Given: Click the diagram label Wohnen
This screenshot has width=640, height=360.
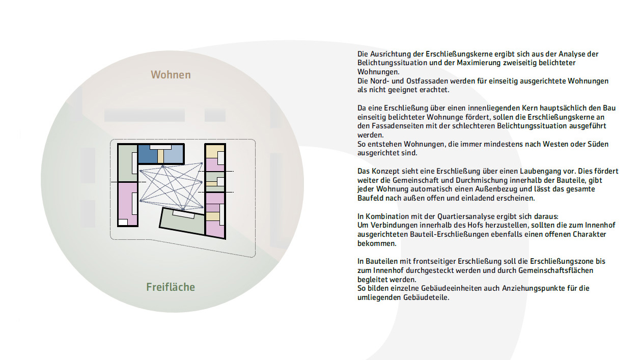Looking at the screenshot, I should pos(171,75).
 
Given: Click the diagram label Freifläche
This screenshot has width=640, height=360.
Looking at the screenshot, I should pos(171,287).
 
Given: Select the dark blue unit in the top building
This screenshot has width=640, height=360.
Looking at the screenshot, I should pos(148,153).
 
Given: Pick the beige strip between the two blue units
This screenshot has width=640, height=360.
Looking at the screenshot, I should pos(160,155).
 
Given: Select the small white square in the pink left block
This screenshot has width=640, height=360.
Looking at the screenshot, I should pos(123,222).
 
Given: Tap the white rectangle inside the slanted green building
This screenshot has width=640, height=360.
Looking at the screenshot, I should pos(184,215).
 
